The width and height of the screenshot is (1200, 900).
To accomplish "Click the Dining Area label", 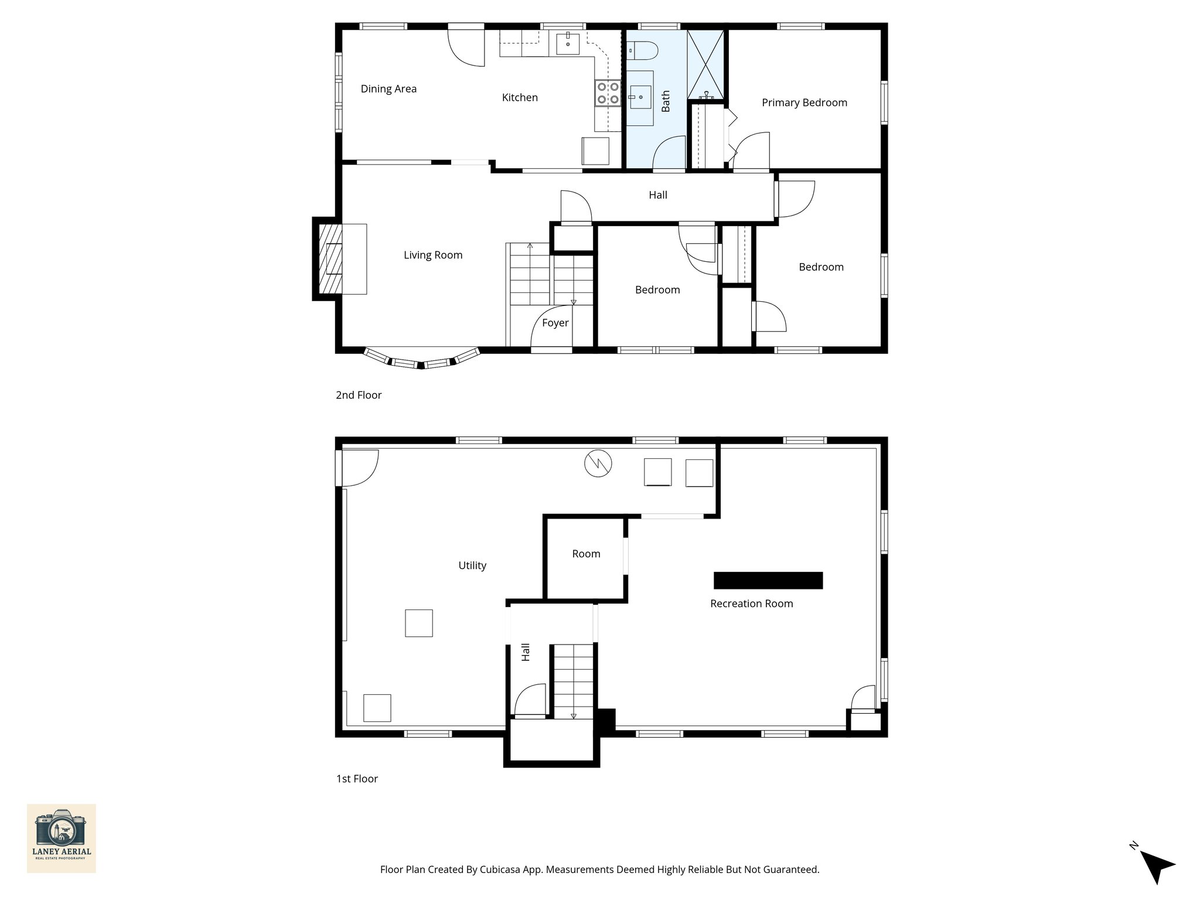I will point(388,89).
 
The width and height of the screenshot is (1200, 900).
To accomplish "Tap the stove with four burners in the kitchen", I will point(608,93).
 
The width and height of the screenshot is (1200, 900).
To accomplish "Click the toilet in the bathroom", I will point(643,51).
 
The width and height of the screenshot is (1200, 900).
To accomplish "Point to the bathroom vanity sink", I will point(640,97).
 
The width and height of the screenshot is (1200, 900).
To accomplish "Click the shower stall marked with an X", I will point(705,63).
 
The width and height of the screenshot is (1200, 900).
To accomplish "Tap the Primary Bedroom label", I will point(804,103).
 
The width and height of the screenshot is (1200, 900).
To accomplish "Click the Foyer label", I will point(555,323).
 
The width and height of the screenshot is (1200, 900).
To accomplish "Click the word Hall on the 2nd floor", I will point(657,195).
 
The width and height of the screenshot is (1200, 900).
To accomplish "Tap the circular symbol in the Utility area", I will point(598,464).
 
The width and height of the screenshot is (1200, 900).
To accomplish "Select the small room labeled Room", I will point(586,554).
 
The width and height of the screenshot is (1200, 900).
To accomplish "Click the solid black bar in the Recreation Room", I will point(768,580).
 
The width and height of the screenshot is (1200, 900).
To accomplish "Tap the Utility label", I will point(472,565).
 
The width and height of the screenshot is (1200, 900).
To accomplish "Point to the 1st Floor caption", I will point(357,779).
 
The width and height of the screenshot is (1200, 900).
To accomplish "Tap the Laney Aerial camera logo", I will point(62,838).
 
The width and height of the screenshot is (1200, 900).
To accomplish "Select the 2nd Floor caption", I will point(359,395).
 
